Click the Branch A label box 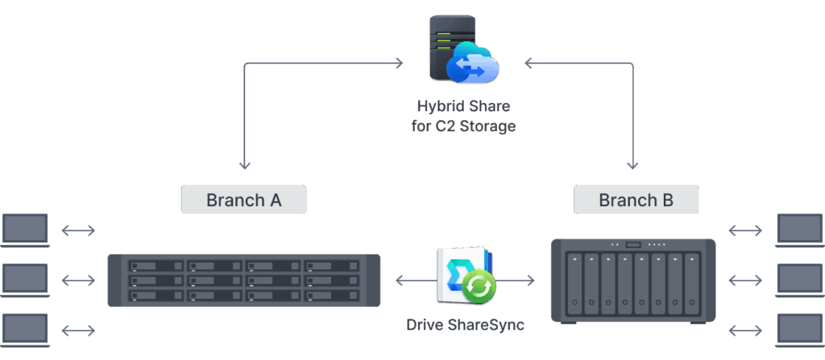click(x=243, y=200)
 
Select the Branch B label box click(x=636, y=200)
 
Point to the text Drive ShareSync click(x=465, y=325)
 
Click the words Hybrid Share click(x=463, y=106)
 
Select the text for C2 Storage click(x=463, y=126)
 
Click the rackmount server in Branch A click(x=243, y=280)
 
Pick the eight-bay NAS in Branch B click(x=633, y=281)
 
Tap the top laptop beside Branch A click(x=25, y=230)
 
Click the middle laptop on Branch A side click(x=25, y=280)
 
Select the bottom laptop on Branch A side click(x=25, y=330)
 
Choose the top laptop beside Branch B click(x=800, y=230)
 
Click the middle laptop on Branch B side click(x=800, y=280)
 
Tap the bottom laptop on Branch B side click(x=800, y=330)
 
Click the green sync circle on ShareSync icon click(x=479, y=287)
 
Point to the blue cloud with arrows click(x=472, y=63)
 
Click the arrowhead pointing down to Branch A click(x=244, y=165)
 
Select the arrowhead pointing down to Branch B click(x=632, y=165)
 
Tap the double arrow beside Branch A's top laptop click(x=78, y=230)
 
